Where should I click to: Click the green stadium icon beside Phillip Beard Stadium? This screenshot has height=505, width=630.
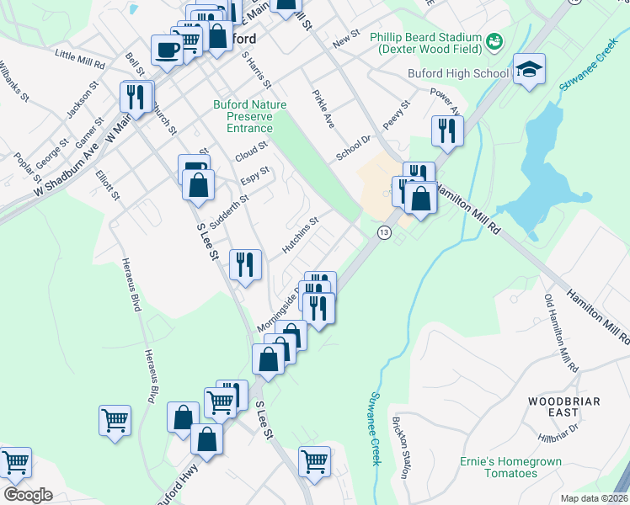point(494,40)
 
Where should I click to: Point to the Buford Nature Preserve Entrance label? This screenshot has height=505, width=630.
point(249,116)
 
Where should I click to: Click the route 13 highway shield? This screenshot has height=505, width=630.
point(384,232)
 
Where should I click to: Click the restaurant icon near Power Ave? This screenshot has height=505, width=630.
point(446,130)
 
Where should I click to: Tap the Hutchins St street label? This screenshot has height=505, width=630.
point(300,236)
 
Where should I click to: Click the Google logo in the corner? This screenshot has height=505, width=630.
point(28,494)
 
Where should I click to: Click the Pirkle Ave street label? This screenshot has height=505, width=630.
point(323,109)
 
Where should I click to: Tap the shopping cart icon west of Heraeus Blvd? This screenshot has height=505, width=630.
point(115,419)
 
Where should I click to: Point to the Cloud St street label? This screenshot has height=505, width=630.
point(251,152)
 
